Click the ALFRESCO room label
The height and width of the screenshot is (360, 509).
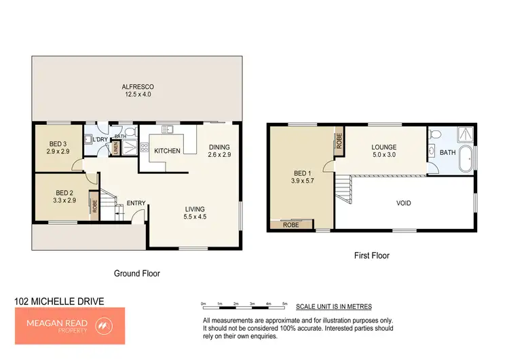click(138, 87)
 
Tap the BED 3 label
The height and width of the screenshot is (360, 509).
click(59, 143)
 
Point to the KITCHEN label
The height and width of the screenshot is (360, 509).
click(168, 151)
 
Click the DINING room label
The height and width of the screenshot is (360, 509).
click(219, 147)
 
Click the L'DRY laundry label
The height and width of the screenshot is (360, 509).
click(100, 140)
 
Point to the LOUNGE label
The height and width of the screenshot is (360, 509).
click(383, 147)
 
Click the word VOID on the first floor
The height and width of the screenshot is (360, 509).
click(403, 203)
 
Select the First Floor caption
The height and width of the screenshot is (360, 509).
click(372, 256)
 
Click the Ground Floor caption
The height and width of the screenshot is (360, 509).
click(136, 273)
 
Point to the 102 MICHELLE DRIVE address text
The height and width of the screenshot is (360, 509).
click(59, 300)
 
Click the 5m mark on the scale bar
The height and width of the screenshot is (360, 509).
click(285, 304)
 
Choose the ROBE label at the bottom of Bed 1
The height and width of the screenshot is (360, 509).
click(290, 224)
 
